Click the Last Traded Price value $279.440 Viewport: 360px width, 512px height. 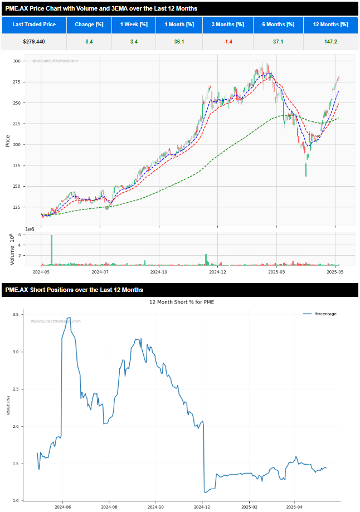34,42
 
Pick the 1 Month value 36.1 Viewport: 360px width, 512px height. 179,42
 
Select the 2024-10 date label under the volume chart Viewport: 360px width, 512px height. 159,272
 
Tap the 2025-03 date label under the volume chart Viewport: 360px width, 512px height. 276,272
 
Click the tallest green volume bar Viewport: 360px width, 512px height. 51,250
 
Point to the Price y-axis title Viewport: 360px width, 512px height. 7,140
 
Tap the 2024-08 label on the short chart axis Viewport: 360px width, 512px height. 109,508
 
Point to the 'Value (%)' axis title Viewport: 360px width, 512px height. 8,405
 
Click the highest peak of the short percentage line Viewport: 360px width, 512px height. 69,318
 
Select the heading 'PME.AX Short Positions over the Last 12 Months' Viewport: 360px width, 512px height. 74,290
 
